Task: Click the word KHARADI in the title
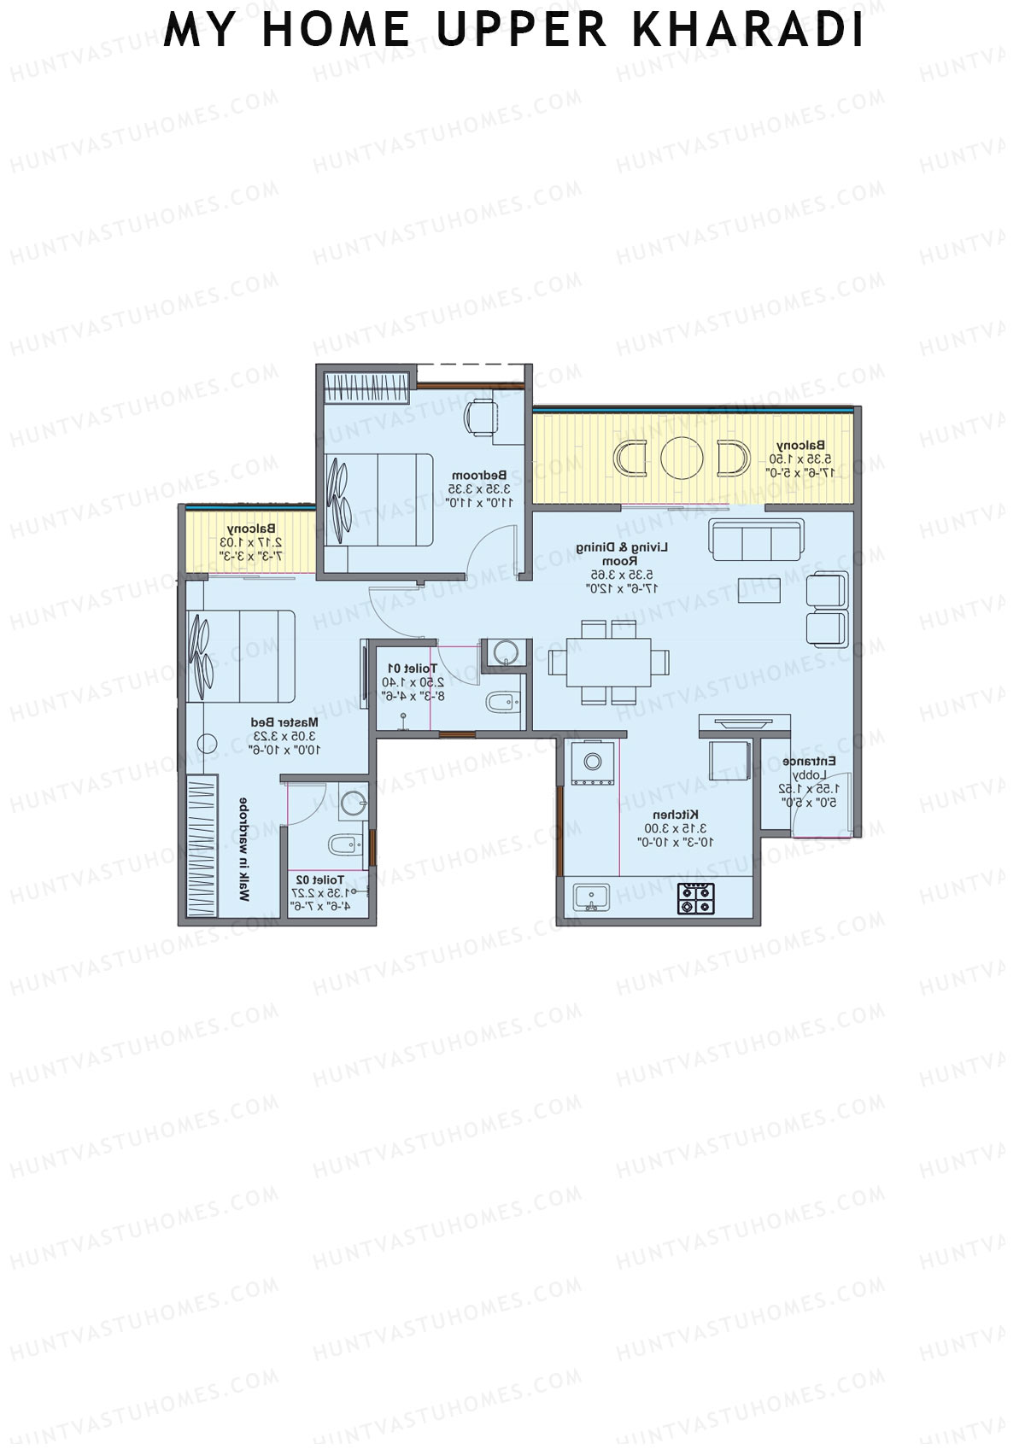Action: pyautogui.click(x=748, y=31)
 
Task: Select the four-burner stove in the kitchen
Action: pyautogui.click(x=696, y=898)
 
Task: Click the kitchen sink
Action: pyautogui.click(x=590, y=898)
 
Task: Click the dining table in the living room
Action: pyautogui.click(x=609, y=663)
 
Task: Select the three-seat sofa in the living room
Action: pyautogui.click(x=756, y=540)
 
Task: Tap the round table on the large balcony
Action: pyautogui.click(x=682, y=458)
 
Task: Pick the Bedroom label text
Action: pyautogui.click(x=479, y=475)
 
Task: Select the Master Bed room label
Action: pyautogui.click(x=284, y=722)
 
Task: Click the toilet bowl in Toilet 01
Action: pyautogui.click(x=498, y=703)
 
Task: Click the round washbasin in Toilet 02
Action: pyautogui.click(x=353, y=803)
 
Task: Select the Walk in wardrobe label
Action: pyautogui.click(x=243, y=850)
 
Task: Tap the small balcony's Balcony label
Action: pyautogui.click(x=250, y=529)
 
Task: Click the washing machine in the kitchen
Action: pyautogui.click(x=591, y=761)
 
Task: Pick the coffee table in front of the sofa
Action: pyautogui.click(x=759, y=590)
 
